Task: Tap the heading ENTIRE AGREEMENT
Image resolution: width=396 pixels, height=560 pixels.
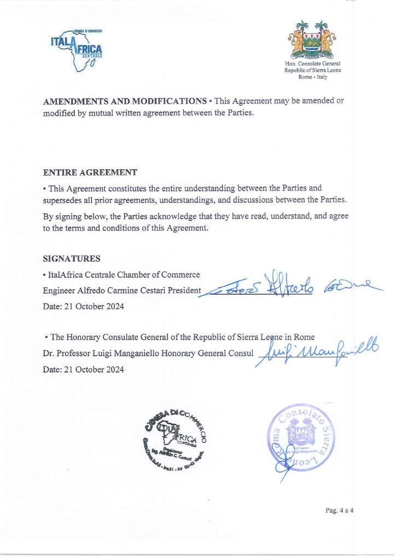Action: pos(90,173)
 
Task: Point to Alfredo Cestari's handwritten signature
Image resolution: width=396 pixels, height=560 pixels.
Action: pos(290,285)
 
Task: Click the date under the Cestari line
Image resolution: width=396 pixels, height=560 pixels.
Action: pos(83,307)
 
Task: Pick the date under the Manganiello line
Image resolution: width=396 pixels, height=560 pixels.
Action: pos(83,369)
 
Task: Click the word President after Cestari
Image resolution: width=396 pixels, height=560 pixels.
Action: pos(184,290)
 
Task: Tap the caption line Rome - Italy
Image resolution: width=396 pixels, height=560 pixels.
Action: pos(312,77)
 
